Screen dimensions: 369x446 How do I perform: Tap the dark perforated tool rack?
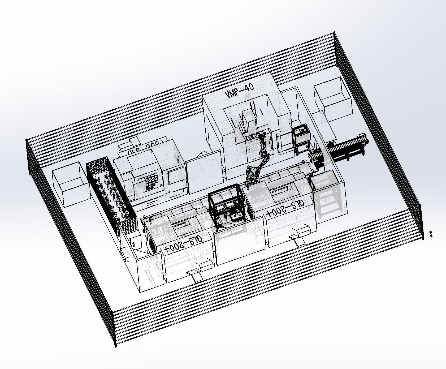(x=111, y=191)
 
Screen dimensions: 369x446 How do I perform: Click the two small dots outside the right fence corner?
(x=431, y=234)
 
